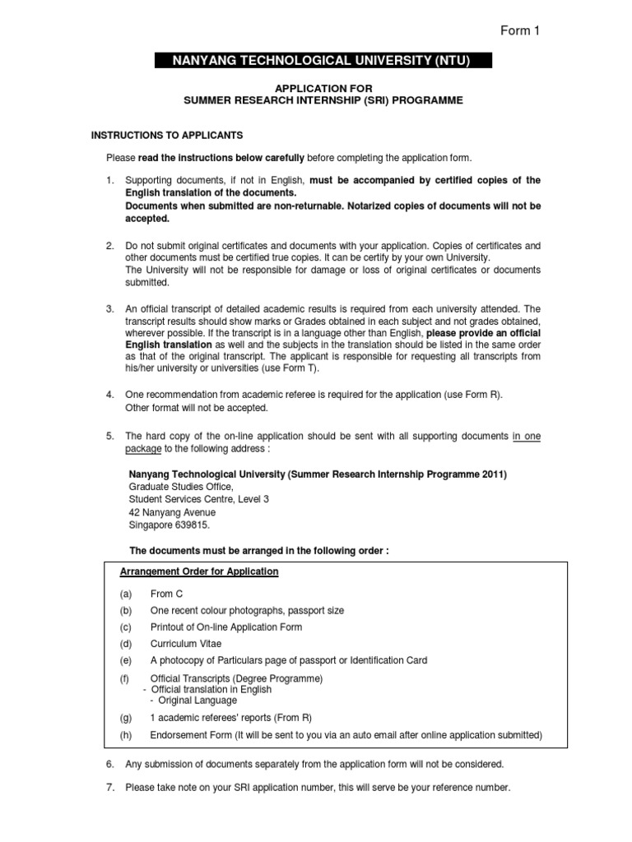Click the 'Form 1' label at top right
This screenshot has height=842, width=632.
[520, 31]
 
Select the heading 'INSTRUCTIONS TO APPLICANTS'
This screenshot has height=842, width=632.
[166, 134]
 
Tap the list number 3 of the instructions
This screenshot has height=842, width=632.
[109, 308]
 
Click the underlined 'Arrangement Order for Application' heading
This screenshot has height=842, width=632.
[200, 571]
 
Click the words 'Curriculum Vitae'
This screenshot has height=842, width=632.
[186, 644]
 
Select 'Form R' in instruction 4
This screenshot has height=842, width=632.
[481, 395]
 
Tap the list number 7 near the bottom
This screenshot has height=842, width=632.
[109, 787]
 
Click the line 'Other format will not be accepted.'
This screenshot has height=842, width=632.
[197, 408]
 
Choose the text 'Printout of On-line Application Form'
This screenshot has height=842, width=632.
[226, 627]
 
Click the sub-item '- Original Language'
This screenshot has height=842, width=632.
[193, 700]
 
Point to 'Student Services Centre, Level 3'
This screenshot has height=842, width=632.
[199, 499]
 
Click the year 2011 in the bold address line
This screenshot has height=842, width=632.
[493, 474]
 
